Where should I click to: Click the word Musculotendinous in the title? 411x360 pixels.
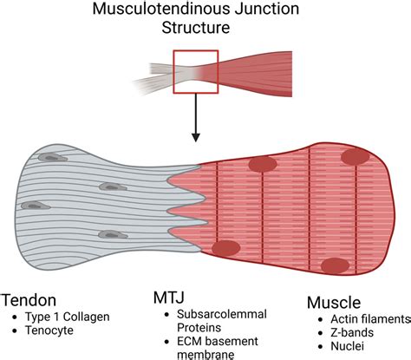pyautogui.click(x=161, y=9)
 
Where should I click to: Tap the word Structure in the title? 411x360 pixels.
pyautogui.click(x=196, y=28)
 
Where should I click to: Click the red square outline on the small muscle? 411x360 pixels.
pyautogui.click(x=196, y=50)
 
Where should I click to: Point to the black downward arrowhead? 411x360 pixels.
pyautogui.click(x=196, y=137)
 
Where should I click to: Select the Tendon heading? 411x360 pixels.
pyautogui.click(x=29, y=300)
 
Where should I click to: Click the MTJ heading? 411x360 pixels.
pyautogui.click(x=169, y=298)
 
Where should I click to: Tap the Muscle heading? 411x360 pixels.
pyautogui.click(x=334, y=303)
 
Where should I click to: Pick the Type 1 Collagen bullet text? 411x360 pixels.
pyautogui.click(x=68, y=317)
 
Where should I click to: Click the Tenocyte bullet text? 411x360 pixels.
pyautogui.click(x=49, y=331)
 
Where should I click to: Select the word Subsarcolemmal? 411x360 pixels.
pyautogui.click(x=222, y=314)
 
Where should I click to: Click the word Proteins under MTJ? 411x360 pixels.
pyautogui.click(x=199, y=328)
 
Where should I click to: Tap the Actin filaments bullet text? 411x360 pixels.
pyautogui.click(x=370, y=319)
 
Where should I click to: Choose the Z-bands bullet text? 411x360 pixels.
pyautogui.click(x=352, y=332)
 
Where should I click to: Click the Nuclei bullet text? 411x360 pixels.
pyautogui.click(x=347, y=346)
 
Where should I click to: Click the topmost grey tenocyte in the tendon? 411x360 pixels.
pyautogui.click(x=53, y=158)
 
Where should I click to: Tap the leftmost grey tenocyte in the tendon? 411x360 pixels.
pyautogui.click(x=36, y=206)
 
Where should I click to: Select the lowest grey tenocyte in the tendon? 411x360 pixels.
pyautogui.click(x=113, y=234)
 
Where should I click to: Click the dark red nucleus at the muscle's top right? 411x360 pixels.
pyautogui.click(x=356, y=157)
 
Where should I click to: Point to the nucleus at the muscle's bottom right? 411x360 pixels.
pyautogui.click(x=335, y=265)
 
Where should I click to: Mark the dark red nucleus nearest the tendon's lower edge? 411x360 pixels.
pyautogui.click(x=226, y=248)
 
